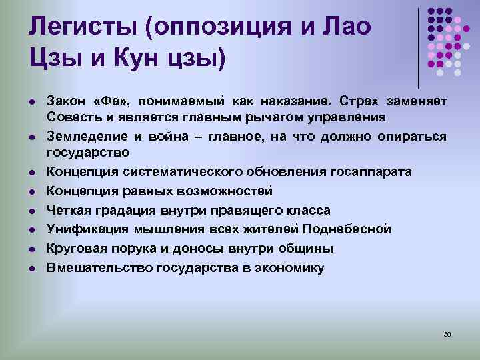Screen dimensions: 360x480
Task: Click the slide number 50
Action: (x=447, y=334)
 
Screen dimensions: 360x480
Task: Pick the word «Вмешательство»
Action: (x=99, y=268)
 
